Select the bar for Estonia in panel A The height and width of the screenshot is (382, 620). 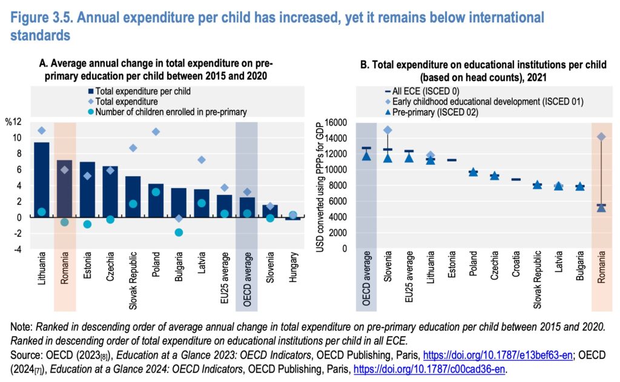(87, 189)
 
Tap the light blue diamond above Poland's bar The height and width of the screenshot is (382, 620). (156, 131)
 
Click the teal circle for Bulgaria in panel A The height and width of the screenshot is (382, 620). (179, 232)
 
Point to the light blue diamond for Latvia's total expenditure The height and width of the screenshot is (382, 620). (202, 160)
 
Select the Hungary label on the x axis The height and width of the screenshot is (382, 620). (293, 267)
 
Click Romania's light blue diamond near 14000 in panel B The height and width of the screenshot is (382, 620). (601, 137)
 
